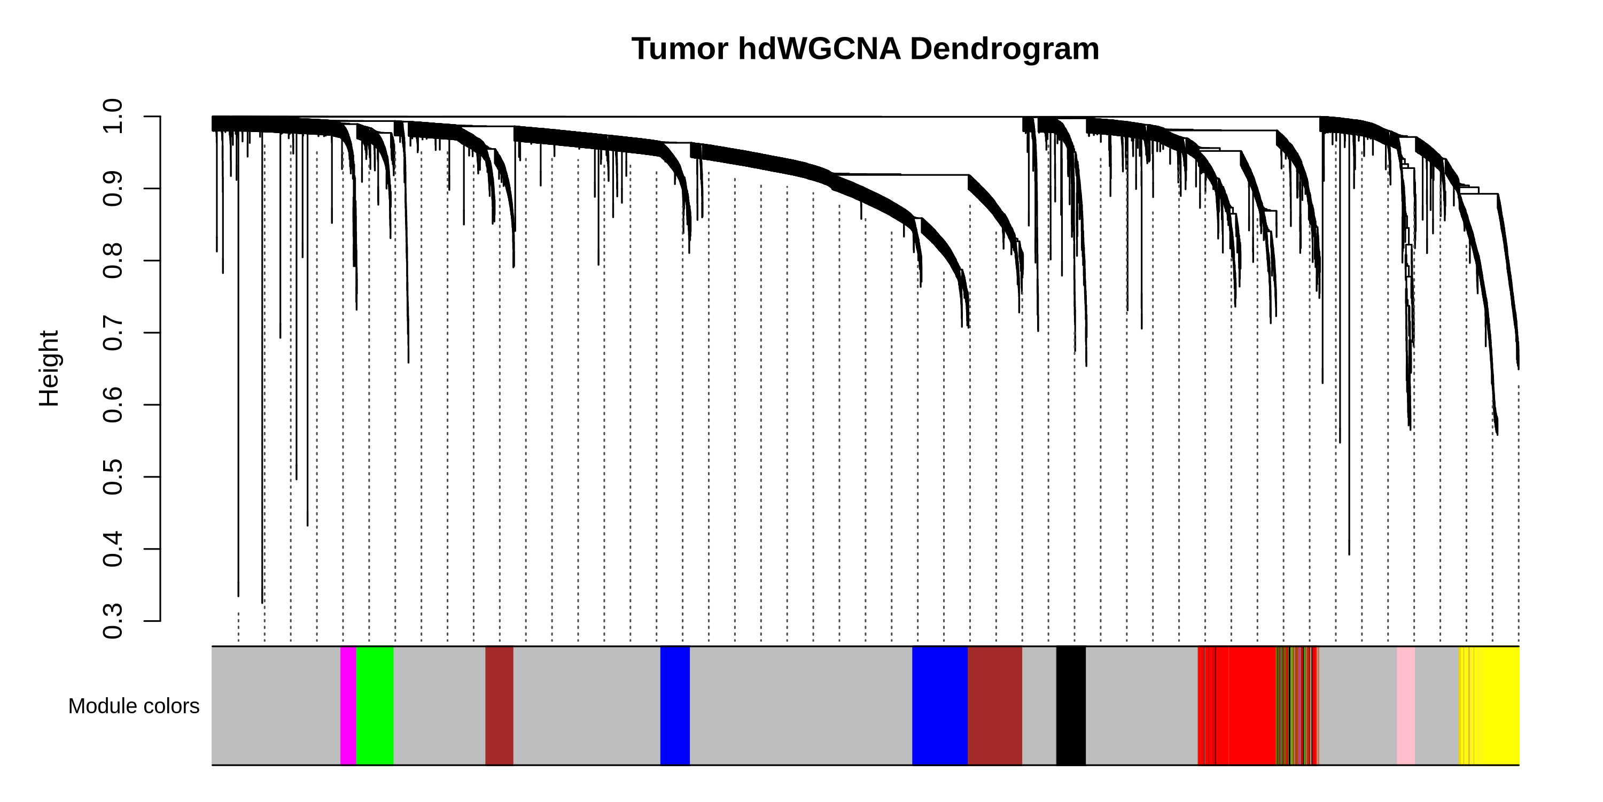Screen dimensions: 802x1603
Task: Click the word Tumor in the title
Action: pyautogui.click(x=680, y=49)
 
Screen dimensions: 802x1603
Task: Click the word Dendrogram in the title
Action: pyautogui.click(x=1005, y=49)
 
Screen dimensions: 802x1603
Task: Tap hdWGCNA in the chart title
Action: pyautogui.click(x=819, y=49)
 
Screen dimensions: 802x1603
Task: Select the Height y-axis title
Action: pyautogui.click(x=49, y=368)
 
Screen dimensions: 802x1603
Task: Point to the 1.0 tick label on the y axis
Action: pyautogui.click(x=113, y=116)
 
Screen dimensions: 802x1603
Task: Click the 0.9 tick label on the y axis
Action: pyautogui.click(x=113, y=188)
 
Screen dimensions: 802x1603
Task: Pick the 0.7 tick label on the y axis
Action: pyautogui.click(x=113, y=333)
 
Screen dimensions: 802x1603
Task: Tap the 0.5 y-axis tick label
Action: pyautogui.click(x=113, y=477)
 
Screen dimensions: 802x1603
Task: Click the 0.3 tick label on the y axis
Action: pyautogui.click(x=113, y=621)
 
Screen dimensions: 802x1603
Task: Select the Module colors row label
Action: pyautogui.click(x=134, y=706)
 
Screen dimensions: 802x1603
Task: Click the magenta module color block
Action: pyautogui.click(x=348, y=706)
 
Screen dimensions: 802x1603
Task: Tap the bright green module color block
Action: pyautogui.click(x=375, y=706)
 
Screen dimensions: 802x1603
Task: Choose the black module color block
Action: pyautogui.click(x=1070, y=706)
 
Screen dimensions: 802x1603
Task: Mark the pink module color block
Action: pyautogui.click(x=1406, y=706)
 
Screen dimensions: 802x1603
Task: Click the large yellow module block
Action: pyautogui.click(x=1500, y=706)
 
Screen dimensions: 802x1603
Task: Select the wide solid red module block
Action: pyautogui.click(x=1252, y=706)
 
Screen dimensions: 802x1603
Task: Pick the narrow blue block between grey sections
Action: pyautogui.click(x=674, y=706)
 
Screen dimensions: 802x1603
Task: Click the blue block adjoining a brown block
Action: pyautogui.click(x=940, y=706)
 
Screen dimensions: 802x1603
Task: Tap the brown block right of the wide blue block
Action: pyautogui.click(x=994, y=706)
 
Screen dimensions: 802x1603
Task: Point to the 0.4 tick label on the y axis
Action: pyautogui.click(x=113, y=549)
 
